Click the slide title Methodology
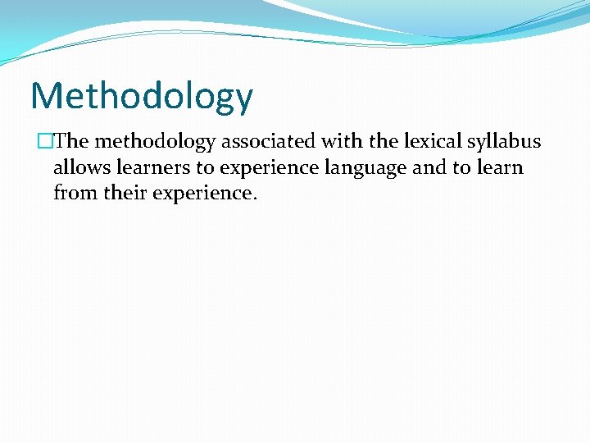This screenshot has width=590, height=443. tap(142, 97)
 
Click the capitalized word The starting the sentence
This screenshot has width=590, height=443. tap(71, 141)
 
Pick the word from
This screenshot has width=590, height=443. tap(74, 194)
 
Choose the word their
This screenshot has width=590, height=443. tap(124, 194)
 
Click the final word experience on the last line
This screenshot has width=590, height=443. tap(205, 194)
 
